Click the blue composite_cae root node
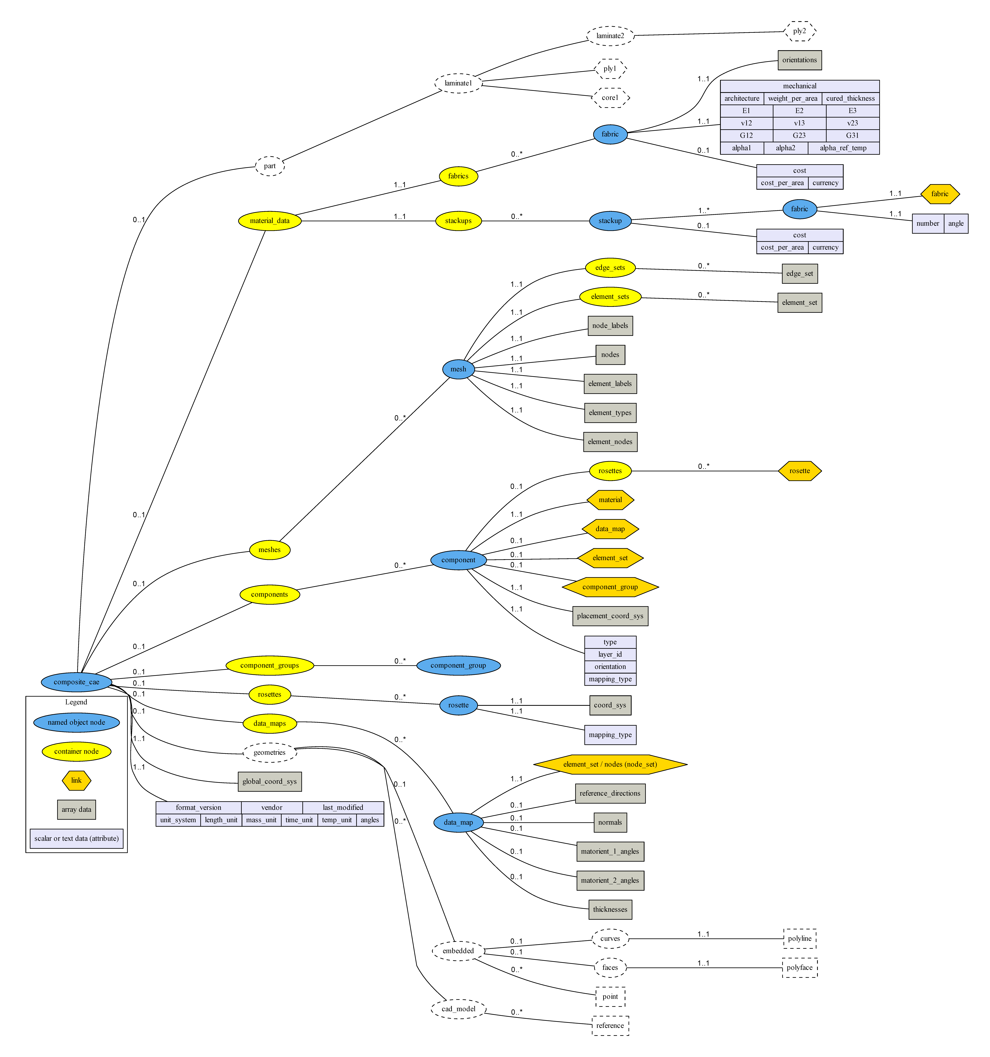[77, 682]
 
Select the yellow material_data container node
[270, 221]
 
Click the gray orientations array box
[799, 60]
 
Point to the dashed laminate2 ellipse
[610, 36]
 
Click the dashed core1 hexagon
[610, 98]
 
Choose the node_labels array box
[610, 325]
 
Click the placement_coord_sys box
[610, 616]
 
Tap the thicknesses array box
[610, 909]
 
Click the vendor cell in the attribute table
[272, 807]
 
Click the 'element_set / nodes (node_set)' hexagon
[610, 764]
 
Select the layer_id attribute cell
[610, 655]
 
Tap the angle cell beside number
[955, 223]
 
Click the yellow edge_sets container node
[610, 267]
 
